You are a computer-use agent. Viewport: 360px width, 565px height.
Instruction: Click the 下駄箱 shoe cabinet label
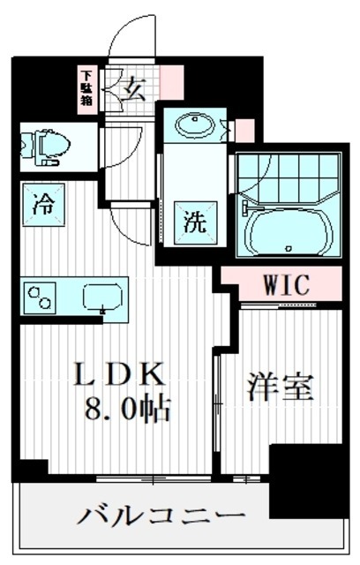pos(87,87)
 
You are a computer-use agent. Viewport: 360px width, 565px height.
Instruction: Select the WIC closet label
pos(284,285)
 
